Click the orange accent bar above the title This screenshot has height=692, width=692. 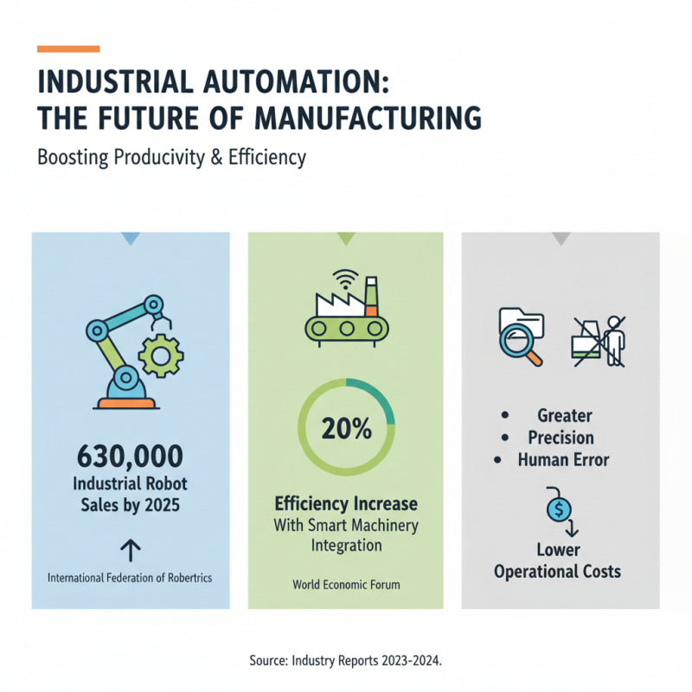click(x=68, y=48)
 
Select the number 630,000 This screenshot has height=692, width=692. click(x=131, y=455)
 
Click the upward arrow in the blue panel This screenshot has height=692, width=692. click(x=131, y=549)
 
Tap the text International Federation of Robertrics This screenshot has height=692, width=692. click(x=131, y=577)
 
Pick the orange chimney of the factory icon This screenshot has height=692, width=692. click(x=371, y=299)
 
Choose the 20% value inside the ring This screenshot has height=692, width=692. click(x=346, y=427)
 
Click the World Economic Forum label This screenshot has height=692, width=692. click(x=346, y=585)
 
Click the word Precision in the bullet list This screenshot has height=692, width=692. click(x=561, y=438)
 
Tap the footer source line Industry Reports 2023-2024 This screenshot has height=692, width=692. click(x=346, y=660)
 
